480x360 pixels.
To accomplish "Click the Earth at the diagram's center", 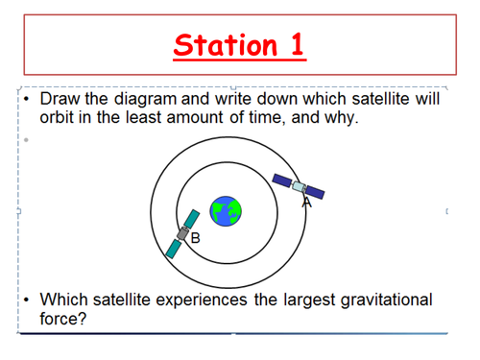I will click(227, 211).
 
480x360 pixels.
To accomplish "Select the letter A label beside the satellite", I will click(307, 202).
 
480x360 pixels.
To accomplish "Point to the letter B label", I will click(195, 237).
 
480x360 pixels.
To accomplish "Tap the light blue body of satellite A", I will click(299, 186).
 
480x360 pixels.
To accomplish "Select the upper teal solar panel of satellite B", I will click(192, 219).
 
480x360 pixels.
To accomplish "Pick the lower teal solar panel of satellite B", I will click(173, 249).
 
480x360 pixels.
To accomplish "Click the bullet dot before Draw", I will click(29, 100).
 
